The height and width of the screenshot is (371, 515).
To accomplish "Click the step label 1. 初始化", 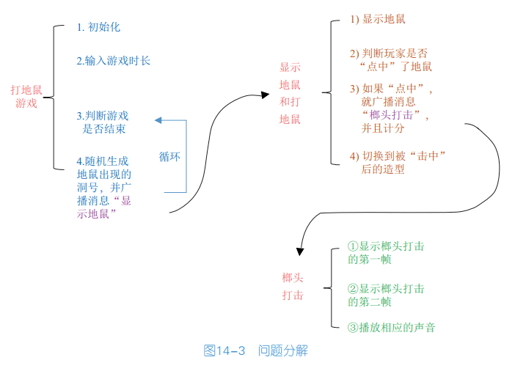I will (x=98, y=27).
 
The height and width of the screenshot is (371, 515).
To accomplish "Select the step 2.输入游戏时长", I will (x=114, y=61).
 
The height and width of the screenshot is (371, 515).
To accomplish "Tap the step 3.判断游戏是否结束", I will (x=103, y=122).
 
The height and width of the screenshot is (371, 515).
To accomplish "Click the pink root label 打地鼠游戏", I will (x=26, y=97).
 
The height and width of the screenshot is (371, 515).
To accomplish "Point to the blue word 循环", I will (x=170, y=157).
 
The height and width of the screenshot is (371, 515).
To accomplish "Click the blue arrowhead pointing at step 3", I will (x=158, y=120).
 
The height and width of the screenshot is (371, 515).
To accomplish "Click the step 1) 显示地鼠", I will (x=378, y=19).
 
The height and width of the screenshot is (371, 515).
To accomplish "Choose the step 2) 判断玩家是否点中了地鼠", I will (x=390, y=60).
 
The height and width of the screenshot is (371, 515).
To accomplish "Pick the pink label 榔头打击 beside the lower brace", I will (x=293, y=287).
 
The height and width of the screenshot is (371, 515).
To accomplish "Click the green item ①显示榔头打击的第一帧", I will (x=385, y=253).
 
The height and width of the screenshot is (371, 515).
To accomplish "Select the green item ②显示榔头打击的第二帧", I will (x=385, y=295).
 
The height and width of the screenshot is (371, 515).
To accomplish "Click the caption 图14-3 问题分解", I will (x=255, y=351).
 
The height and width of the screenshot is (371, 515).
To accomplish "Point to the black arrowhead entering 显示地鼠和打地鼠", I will (x=265, y=95).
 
